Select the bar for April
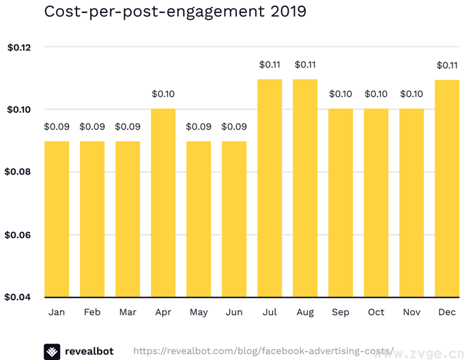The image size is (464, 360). tap(163, 202)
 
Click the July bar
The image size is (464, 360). tap(270, 188)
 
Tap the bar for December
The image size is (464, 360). tap(447, 188)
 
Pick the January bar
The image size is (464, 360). tap(57, 219)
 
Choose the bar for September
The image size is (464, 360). tap(340, 202)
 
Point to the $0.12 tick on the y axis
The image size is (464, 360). tap(19, 47)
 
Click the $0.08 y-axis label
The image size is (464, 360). tap(19, 172)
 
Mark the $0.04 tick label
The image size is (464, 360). tap(19, 297)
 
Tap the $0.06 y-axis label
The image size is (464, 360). tap(19, 235)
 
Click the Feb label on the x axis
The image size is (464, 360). tap(92, 312)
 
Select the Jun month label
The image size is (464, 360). tap(234, 312)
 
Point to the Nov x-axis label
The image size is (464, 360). tap(411, 312)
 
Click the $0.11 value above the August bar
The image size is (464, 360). tap(305, 65)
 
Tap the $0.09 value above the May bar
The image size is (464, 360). tap(199, 127)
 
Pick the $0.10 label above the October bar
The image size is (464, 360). tap(376, 94)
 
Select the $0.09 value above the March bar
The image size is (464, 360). tap(128, 127)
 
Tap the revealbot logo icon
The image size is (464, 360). tap(52, 351)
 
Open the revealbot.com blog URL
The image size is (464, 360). tap(263, 351)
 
